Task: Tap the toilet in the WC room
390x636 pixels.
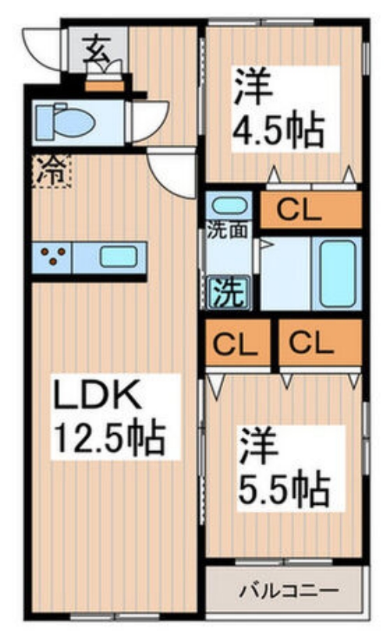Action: pos(66,122)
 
